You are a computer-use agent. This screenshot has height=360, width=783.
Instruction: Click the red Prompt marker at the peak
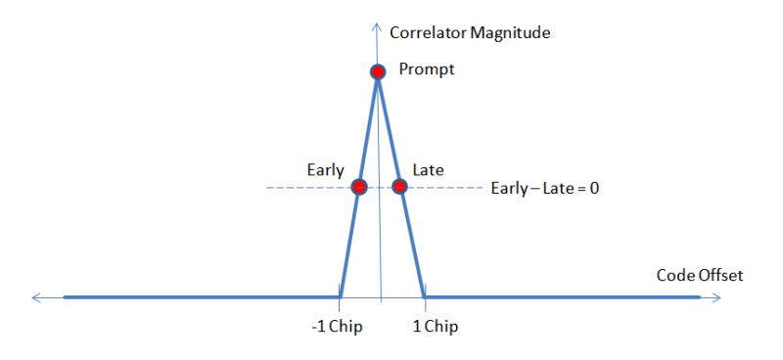[378, 71]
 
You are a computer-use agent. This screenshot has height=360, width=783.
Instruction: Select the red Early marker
[358, 186]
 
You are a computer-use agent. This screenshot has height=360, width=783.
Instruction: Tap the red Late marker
[399, 186]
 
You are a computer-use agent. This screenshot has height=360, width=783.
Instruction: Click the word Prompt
[427, 70]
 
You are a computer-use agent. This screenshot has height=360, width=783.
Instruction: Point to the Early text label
[325, 170]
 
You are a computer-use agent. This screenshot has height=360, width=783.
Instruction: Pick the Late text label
[428, 170]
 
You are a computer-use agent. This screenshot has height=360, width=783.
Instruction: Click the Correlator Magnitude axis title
[470, 32]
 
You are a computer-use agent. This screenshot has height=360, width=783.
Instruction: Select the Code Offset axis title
[699, 276]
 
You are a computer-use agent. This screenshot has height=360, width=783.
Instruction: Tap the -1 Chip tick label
[337, 327]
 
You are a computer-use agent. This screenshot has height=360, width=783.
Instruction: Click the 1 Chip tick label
[433, 327]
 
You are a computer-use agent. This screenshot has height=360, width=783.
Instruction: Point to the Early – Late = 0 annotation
[544, 187]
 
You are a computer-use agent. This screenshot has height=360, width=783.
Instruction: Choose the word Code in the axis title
[674, 276]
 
